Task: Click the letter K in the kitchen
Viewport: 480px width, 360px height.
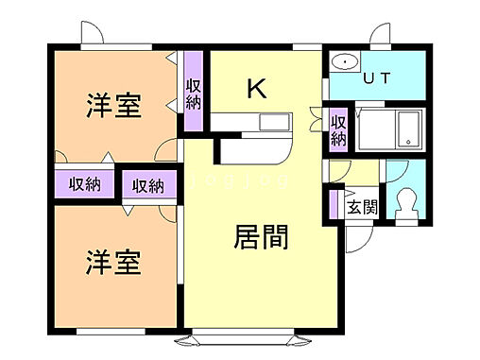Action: (x=256, y=89)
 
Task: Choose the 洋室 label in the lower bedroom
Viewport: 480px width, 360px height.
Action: (x=115, y=261)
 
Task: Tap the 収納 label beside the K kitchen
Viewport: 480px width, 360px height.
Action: (x=193, y=94)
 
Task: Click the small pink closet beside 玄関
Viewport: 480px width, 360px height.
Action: (x=334, y=204)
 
